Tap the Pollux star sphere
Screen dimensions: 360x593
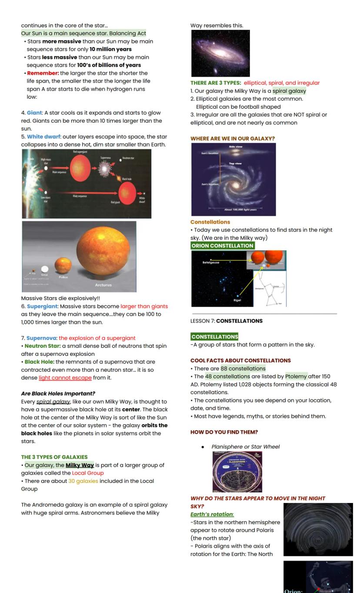coord(63,265)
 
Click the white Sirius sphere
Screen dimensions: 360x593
coord(45,269)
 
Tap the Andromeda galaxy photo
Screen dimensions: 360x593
coord(220,53)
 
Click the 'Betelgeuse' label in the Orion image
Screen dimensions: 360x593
coord(211,262)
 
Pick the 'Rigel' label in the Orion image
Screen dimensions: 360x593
coord(237,300)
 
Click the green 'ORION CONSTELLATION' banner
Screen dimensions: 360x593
coord(222,246)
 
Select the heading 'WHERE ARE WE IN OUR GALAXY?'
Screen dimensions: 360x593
coord(233,139)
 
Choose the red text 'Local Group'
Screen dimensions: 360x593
coord(88,473)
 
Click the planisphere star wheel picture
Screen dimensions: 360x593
coord(237,472)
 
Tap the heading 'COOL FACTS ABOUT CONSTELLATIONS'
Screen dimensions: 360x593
coord(240,361)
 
